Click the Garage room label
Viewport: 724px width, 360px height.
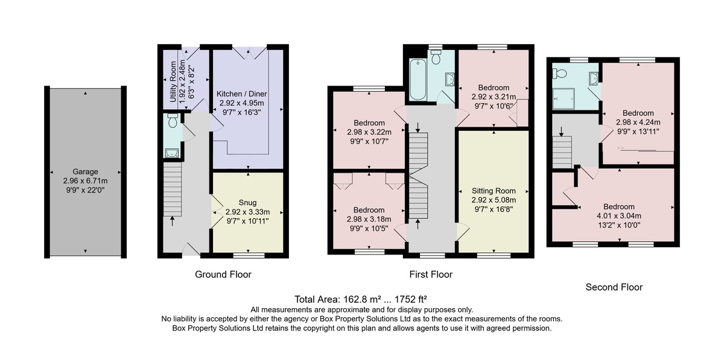click(85, 172)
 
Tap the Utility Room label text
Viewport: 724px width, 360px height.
click(173, 82)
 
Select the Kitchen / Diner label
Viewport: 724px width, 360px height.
click(242, 93)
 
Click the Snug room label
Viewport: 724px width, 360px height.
click(247, 203)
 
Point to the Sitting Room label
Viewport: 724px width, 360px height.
click(494, 191)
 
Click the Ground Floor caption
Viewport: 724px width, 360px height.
click(223, 274)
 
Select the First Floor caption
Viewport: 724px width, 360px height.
click(431, 274)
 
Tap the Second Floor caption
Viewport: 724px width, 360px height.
click(614, 287)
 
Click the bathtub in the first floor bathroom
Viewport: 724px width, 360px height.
click(418, 79)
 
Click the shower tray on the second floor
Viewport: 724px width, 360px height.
click(564, 98)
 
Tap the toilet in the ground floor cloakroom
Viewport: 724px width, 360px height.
click(173, 120)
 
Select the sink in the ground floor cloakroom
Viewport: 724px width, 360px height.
click(171, 153)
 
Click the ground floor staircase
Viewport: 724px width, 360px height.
click(173, 189)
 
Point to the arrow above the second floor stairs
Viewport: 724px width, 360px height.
click(562, 131)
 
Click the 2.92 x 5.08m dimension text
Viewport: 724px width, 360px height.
click(494, 200)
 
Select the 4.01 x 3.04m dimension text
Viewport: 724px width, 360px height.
click(619, 216)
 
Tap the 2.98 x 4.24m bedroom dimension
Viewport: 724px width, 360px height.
click(638, 122)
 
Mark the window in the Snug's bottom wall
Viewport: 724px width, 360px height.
click(249, 255)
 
